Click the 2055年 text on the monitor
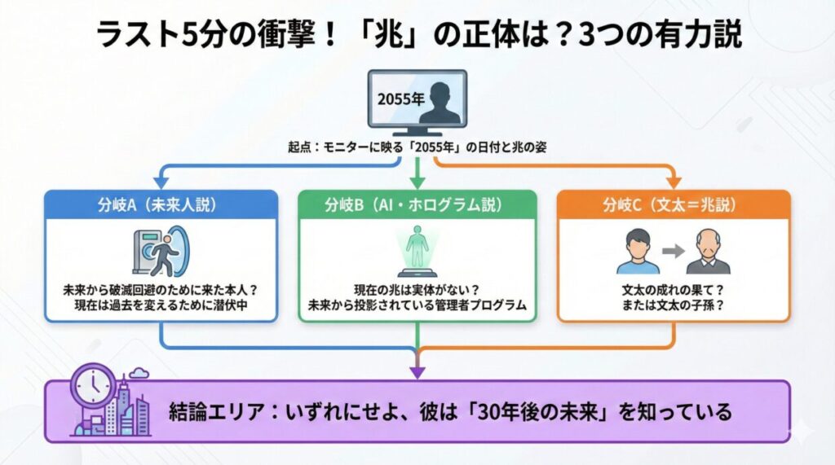[x=399, y=99]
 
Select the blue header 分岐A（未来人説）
[x=160, y=204]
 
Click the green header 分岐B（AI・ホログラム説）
[x=417, y=204]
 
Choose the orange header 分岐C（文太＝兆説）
[x=673, y=204]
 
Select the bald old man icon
[x=706, y=252]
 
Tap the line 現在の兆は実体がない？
[x=417, y=289]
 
